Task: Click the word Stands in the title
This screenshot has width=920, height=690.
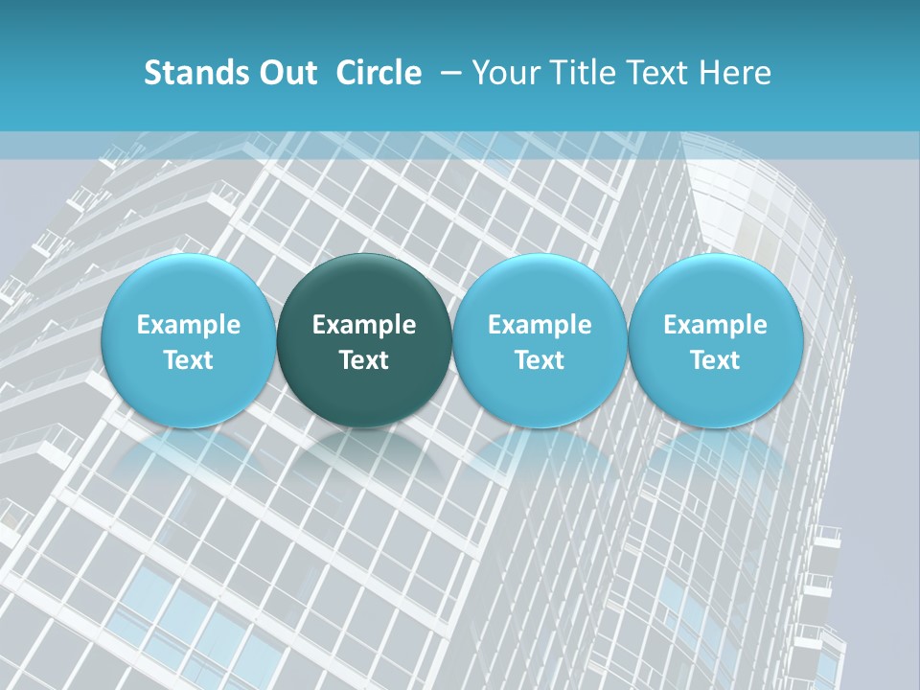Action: (x=188, y=73)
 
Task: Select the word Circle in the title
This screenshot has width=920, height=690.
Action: (x=379, y=73)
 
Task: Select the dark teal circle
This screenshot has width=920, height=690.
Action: (x=364, y=341)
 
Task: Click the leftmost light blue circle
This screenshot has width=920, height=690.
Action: (x=189, y=341)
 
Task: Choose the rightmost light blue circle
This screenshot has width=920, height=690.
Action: (x=715, y=341)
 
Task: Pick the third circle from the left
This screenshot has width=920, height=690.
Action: (x=540, y=341)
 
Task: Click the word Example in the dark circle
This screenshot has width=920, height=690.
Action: (x=364, y=325)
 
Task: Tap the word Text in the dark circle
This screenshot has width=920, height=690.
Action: (x=364, y=360)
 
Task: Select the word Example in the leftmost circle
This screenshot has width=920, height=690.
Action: (x=189, y=325)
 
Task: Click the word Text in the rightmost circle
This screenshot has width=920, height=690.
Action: (x=715, y=360)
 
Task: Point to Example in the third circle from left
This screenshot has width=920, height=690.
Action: (x=540, y=325)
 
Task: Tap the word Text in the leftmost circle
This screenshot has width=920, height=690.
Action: (x=189, y=360)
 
